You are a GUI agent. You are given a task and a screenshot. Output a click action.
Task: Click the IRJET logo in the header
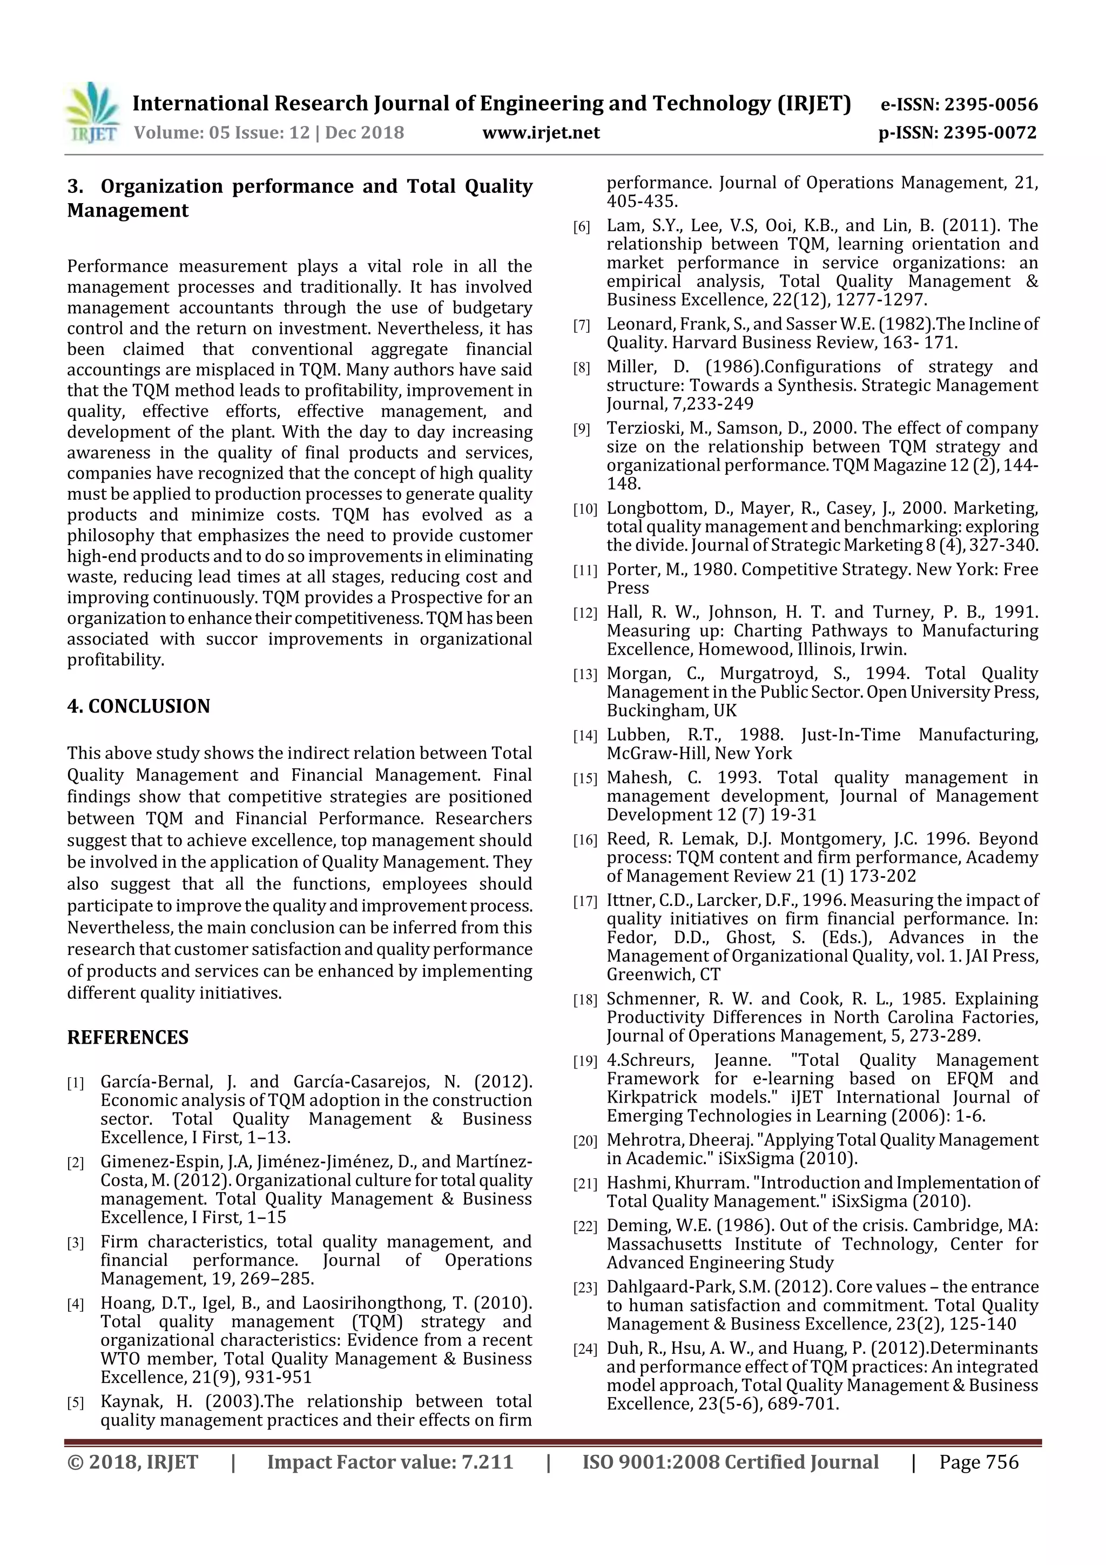coord(92,113)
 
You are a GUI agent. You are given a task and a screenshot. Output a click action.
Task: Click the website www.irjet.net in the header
coord(541,132)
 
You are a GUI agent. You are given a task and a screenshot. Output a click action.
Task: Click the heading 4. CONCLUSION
coord(138,706)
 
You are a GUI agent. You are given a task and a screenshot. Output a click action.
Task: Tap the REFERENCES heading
coord(127,1037)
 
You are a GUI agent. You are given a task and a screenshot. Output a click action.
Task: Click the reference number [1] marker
coord(75,1083)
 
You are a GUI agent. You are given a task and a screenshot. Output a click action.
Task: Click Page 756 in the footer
coord(979,1462)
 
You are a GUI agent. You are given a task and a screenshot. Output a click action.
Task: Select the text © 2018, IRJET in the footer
coord(133,1462)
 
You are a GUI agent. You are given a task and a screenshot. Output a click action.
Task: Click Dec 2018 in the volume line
coord(364,132)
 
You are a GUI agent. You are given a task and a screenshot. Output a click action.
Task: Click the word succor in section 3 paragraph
coord(231,640)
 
